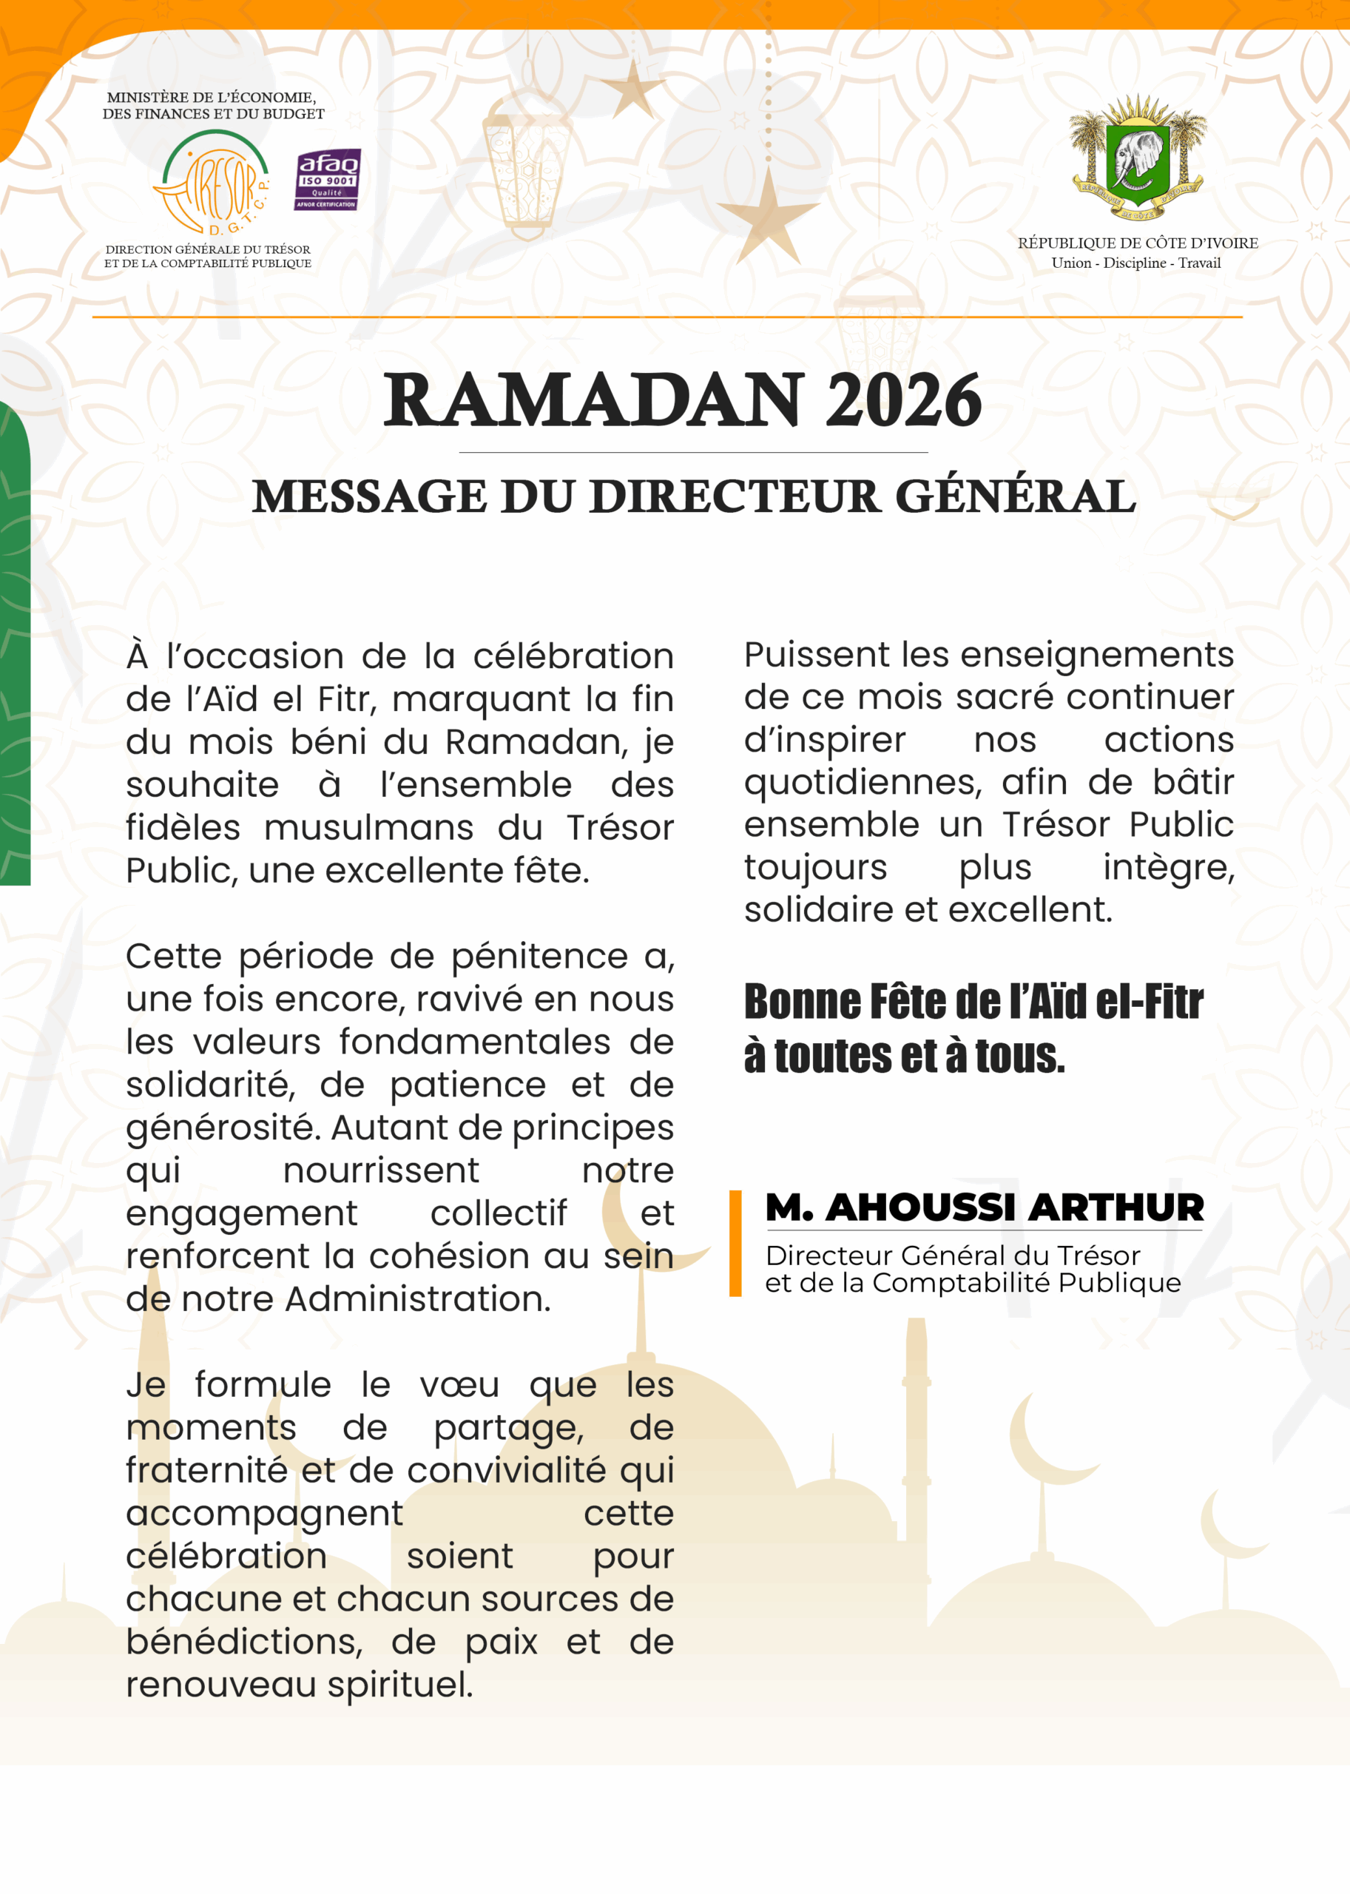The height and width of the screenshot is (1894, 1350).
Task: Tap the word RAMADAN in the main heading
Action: pyautogui.click(x=593, y=401)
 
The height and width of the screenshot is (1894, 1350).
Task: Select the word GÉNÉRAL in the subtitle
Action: pyautogui.click(x=1015, y=496)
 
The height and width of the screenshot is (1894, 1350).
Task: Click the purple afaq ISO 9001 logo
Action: pyautogui.click(x=328, y=180)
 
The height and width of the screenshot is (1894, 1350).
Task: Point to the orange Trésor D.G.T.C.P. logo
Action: pyautogui.click(x=213, y=183)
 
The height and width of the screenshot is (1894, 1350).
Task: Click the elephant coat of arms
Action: pyautogui.click(x=1137, y=158)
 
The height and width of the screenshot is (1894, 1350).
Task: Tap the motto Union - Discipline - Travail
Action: pyautogui.click(x=1135, y=263)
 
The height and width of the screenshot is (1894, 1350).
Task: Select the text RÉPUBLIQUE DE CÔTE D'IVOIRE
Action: pyautogui.click(x=1137, y=243)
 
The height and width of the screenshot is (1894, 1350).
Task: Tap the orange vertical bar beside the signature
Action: pyautogui.click(x=735, y=1243)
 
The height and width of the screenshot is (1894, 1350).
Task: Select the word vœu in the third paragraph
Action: pyautogui.click(x=459, y=1385)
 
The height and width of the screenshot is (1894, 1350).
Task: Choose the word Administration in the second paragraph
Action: pyautogui.click(x=417, y=1298)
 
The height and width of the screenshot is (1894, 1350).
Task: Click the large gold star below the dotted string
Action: pyautogui.click(x=766, y=215)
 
